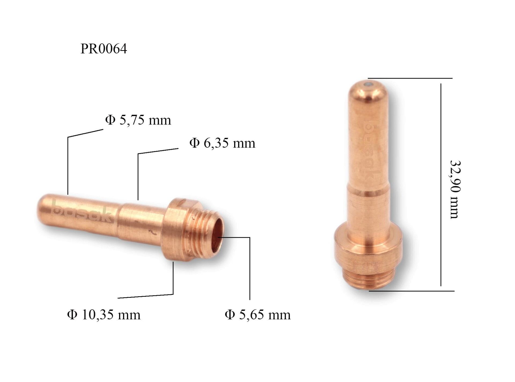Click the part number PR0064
pyautogui.click(x=104, y=49)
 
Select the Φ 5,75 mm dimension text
pyautogui.click(x=138, y=120)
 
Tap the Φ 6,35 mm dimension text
pyautogui.click(x=222, y=143)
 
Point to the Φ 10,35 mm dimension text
pyautogui.click(x=104, y=314)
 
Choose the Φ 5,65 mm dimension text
pyautogui.click(x=257, y=314)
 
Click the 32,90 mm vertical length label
pyautogui.click(x=455, y=189)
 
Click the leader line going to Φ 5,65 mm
pyautogui.click(x=250, y=268)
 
